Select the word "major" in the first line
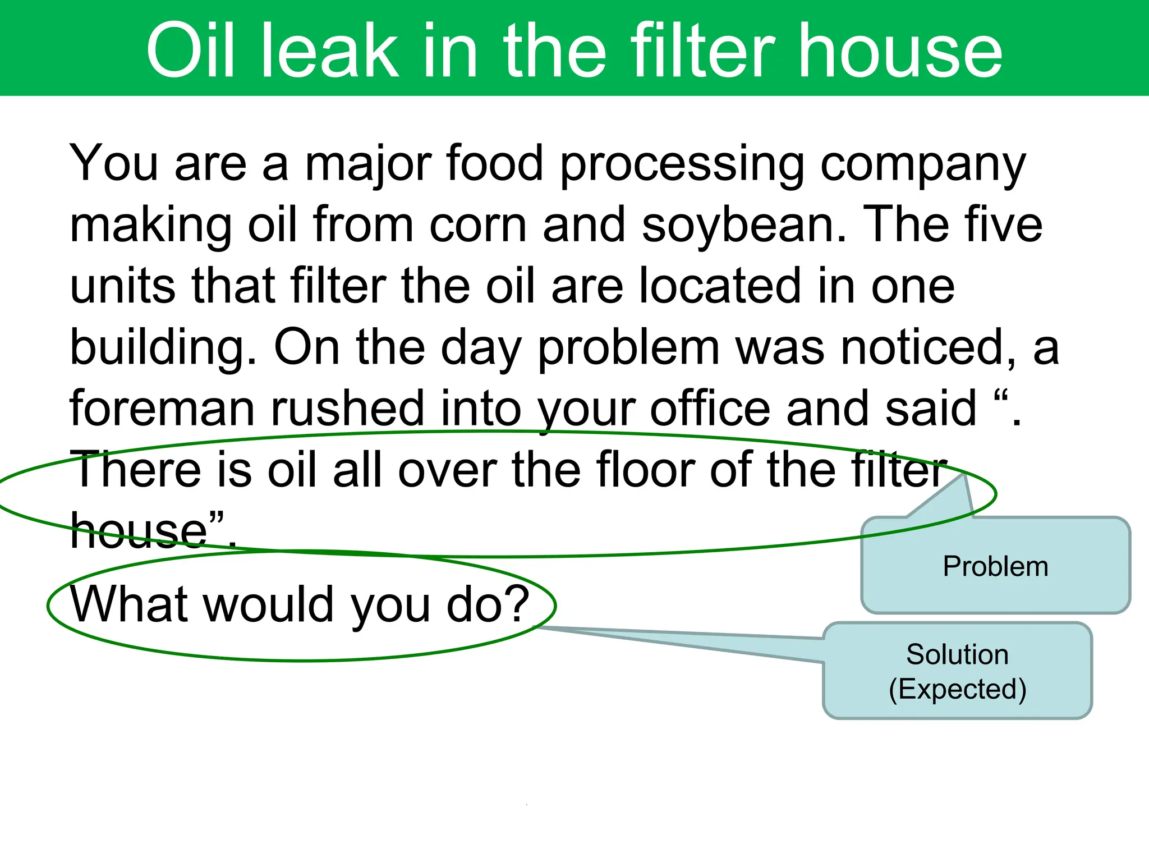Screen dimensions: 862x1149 [x=367, y=164]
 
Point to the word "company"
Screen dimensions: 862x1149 [x=923, y=164]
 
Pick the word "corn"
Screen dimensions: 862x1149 [x=477, y=225]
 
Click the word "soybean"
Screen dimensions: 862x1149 [x=743, y=225]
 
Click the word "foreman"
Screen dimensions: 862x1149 [x=162, y=409]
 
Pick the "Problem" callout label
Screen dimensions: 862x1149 [x=995, y=566]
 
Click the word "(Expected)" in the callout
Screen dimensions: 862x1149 [x=957, y=689]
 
